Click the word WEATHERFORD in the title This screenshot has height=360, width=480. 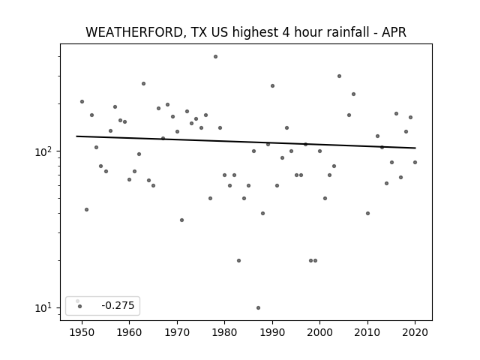pos(134,32)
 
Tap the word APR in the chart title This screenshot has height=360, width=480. pos(394,32)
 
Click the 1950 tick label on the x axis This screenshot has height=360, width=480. pos(82,332)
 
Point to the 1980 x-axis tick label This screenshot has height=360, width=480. pos(224,332)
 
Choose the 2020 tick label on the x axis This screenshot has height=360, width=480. pos(415,332)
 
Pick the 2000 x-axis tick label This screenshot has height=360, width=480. pos(319,332)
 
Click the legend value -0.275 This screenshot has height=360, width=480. pos(118,305)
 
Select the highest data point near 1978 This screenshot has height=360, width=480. pos(215,57)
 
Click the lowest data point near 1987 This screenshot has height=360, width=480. pos(258,307)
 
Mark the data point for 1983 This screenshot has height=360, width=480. pos(238,260)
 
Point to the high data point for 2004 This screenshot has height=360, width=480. pos(339,76)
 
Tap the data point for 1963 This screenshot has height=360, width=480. pos(143,83)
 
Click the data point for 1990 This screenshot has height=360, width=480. pos(272,86)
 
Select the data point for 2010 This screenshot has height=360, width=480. pos(367,213)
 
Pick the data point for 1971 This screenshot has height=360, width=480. pos(181,220)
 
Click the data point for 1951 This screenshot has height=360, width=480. pos(87,210)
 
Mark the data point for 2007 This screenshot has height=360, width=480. pos(353,94)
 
